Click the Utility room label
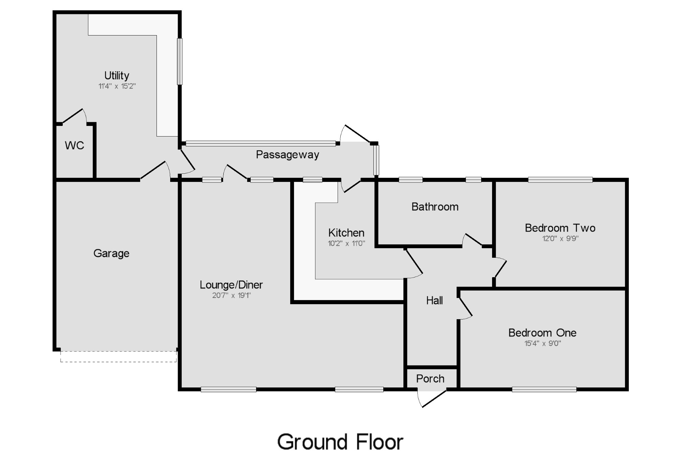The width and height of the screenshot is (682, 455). pyautogui.click(x=117, y=75)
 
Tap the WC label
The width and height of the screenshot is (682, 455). pyautogui.click(x=74, y=145)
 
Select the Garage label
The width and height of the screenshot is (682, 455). pyautogui.click(x=111, y=253)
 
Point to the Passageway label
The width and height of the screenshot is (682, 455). pyautogui.click(x=287, y=155)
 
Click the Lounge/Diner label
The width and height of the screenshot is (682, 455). pyautogui.click(x=231, y=285)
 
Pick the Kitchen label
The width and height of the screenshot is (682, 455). pyautogui.click(x=346, y=233)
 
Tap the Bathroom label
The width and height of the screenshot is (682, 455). pyautogui.click(x=435, y=207)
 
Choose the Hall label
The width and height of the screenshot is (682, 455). pyautogui.click(x=434, y=300)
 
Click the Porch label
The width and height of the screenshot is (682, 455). pyautogui.click(x=430, y=379)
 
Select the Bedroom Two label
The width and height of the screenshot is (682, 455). pyautogui.click(x=560, y=228)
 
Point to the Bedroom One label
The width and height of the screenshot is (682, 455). pyautogui.click(x=542, y=333)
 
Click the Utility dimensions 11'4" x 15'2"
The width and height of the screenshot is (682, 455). pyautogui.click(x=117, y=86)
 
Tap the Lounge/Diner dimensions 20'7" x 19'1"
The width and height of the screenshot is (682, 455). pyautogui.click(x=231, y=296)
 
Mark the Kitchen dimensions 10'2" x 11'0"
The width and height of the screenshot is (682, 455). pyautogui.click(x=346, y=243)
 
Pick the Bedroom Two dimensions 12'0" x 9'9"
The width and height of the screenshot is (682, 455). pyautogui.click(x=560, y=239)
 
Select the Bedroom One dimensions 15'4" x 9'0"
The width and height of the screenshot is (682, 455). pyautogui.click(x=542, y=343)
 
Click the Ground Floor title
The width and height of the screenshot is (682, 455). pyautogui.click(x=340, y=442)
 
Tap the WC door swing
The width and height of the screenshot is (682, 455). pyautogui.click(x=74, y=116)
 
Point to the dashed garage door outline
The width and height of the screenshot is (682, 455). pyautogui.click(x=118, y=356)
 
